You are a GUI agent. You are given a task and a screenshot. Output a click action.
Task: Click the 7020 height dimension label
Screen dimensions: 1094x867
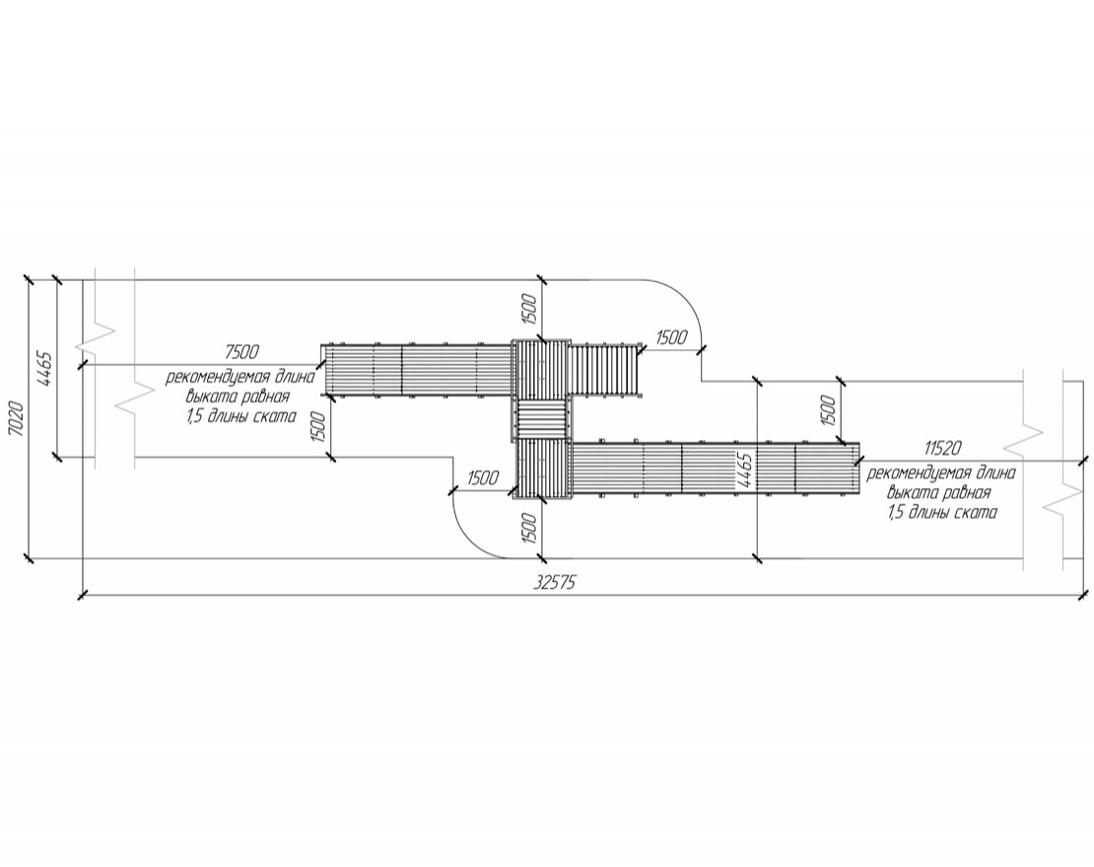(x=18, y=419)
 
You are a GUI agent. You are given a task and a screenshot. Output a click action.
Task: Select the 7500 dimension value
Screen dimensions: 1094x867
(x=242, y=351)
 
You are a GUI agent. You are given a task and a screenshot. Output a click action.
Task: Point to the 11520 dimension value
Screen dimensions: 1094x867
(x=942, y=448)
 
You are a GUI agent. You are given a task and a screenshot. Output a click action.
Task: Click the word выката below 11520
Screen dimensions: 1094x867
(x=908, y=493)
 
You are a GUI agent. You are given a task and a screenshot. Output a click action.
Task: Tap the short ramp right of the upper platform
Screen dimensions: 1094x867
(x=605, y=369)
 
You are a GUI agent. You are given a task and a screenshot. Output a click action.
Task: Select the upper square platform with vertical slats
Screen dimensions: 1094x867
(x=541, y=369)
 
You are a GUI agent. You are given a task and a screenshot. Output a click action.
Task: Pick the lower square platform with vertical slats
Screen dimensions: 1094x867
(x=543, y=470)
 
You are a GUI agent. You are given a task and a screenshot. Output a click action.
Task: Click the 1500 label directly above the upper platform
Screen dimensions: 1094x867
(x=529, y=310)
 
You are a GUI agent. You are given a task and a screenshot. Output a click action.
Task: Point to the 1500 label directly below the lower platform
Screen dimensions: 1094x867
(x=529, y=529)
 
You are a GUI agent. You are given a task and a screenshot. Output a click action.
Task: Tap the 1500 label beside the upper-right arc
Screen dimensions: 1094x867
(x=672, y=338)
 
